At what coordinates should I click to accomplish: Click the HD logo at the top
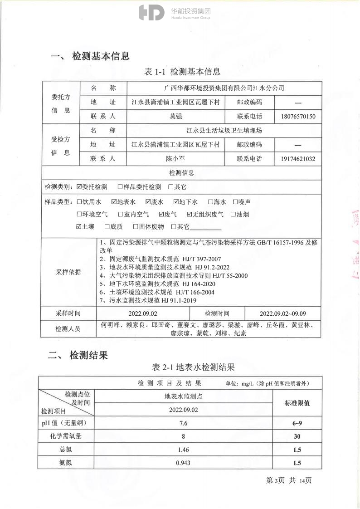click(151, 13)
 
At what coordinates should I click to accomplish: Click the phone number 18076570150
click(298, 117)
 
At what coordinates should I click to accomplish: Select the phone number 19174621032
click(298, 159)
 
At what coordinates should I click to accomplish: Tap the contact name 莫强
click(175, 117)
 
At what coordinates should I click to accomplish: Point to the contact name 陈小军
click(175, 159)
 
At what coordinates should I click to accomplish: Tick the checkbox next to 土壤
click(79, 226)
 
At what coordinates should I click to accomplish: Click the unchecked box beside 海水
click(210, 202)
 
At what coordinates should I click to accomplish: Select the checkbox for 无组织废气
click(190, 214)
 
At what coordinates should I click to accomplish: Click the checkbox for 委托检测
click(79, 187)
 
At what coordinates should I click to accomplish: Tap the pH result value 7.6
click(183, 423)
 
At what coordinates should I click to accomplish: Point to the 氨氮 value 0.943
click(183, 463)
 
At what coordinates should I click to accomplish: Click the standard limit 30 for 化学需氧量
click(297, 436)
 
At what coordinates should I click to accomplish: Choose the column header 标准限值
click(297, 402)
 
